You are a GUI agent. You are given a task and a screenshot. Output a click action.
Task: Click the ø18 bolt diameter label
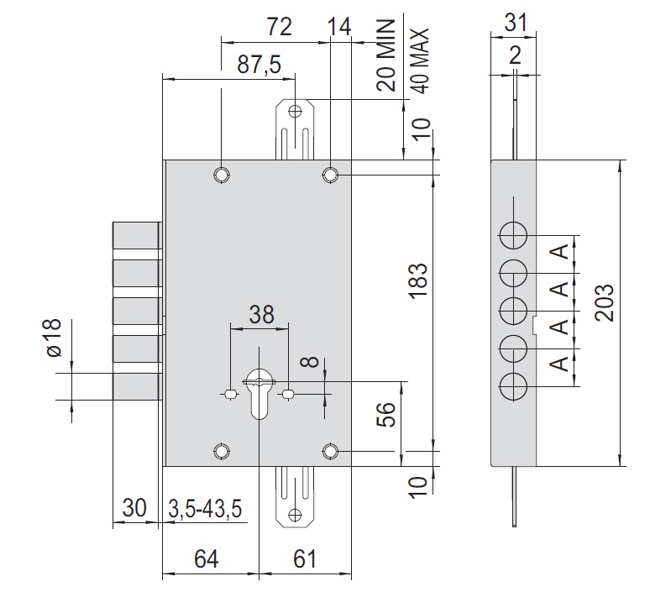tap(52, 338)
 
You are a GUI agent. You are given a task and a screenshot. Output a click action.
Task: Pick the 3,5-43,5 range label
tap(205, 509)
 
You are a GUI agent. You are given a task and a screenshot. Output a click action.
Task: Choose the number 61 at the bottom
tap(307, 558)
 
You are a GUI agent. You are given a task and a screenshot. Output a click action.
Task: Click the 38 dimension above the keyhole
tap(260, 314)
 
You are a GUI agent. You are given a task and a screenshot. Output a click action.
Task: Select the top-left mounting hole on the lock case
tap(221, 174)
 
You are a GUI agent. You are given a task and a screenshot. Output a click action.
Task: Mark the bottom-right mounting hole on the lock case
tap(331, 453)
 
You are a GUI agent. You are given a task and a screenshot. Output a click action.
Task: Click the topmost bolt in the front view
tap(136, 236)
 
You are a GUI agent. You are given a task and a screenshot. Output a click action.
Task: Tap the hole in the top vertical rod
tap(294, 110)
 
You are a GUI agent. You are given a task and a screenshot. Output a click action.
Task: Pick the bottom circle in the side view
tap(514, 387)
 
